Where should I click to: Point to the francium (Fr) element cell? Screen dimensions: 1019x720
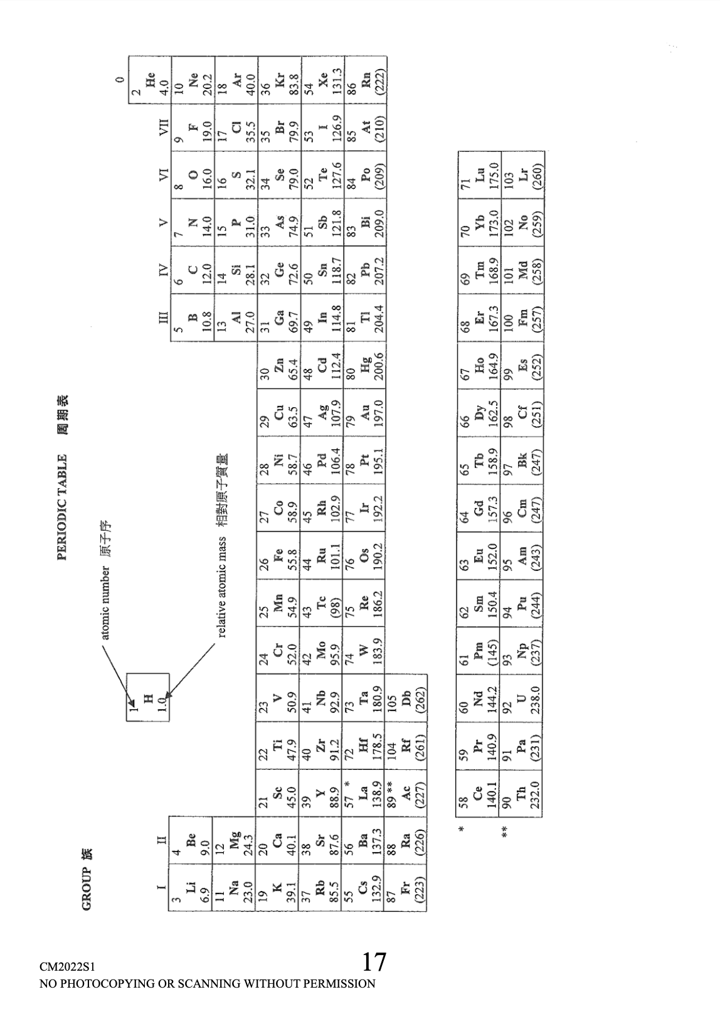point(407,888)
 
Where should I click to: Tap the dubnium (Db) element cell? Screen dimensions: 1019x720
point(407,696)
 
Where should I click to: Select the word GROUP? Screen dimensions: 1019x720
point(87,888)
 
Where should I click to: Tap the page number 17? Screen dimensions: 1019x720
point(374,962)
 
